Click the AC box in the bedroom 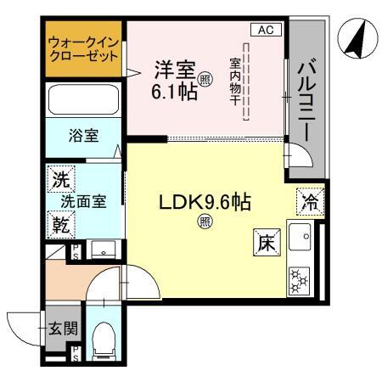(x=264, y=30)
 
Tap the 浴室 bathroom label (x=84, y=134)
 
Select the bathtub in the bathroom (x=83, y=100)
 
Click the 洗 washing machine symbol (x=60, y=180)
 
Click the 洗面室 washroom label (x=82, y=202)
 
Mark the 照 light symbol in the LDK (x=205, y=222)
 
